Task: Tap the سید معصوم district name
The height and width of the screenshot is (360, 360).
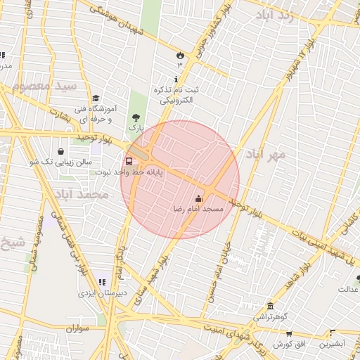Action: coord(49,88)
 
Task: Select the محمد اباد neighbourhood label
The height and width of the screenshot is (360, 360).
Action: coord(82,193)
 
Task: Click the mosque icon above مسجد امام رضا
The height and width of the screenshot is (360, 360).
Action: coord(198,198)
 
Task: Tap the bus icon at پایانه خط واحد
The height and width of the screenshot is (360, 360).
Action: coord(128,161)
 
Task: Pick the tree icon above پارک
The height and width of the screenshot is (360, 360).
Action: coord(135,117)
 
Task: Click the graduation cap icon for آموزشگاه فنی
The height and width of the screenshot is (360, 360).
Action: coord(96,98)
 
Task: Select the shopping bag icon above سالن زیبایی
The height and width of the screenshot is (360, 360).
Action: coord(61,151)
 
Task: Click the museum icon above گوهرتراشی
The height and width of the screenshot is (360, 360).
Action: coord(271,307)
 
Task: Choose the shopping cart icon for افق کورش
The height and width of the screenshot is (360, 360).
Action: coord(288,333)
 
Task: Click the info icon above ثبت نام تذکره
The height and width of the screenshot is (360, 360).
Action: coord(176,79)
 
